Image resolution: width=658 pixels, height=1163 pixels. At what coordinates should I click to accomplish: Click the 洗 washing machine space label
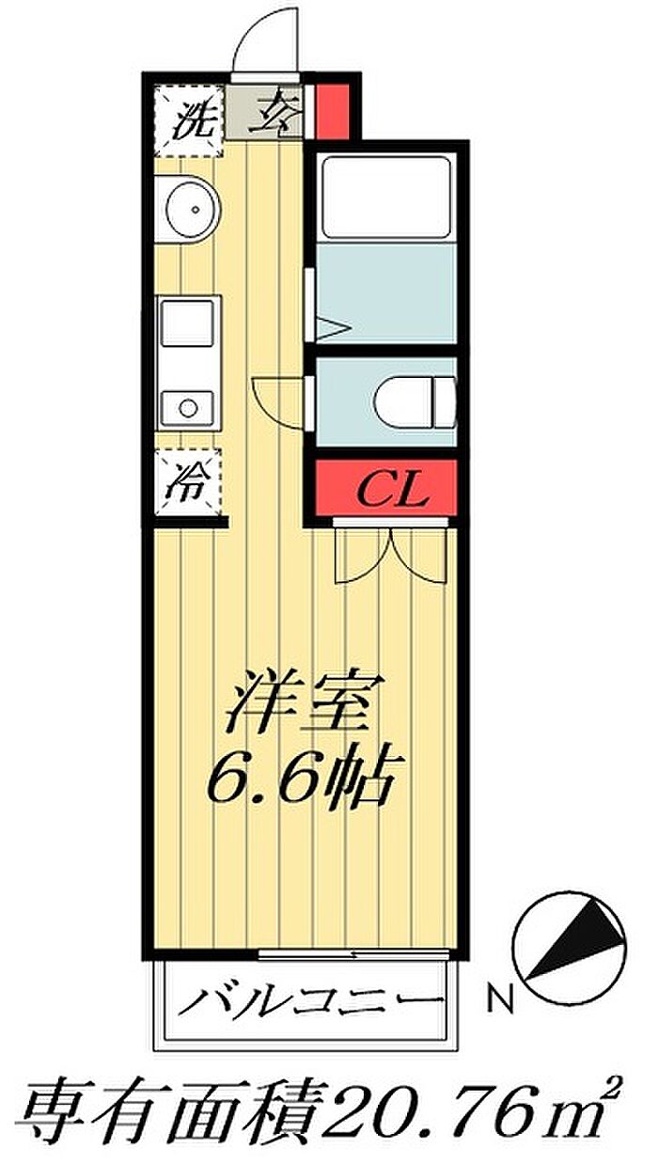click(x=189, y=122)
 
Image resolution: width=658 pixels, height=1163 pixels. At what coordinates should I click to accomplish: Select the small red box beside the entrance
click(x=332, y=111)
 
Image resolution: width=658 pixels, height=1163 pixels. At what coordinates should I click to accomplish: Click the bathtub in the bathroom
click(x=386, y=197)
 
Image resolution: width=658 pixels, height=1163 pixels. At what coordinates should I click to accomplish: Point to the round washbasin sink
click(x=193, y=210)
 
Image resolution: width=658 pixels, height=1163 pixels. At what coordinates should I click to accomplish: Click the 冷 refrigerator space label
click(x=187, y=482)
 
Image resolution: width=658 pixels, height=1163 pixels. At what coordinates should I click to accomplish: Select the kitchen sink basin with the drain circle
click(x=187, y=408)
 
